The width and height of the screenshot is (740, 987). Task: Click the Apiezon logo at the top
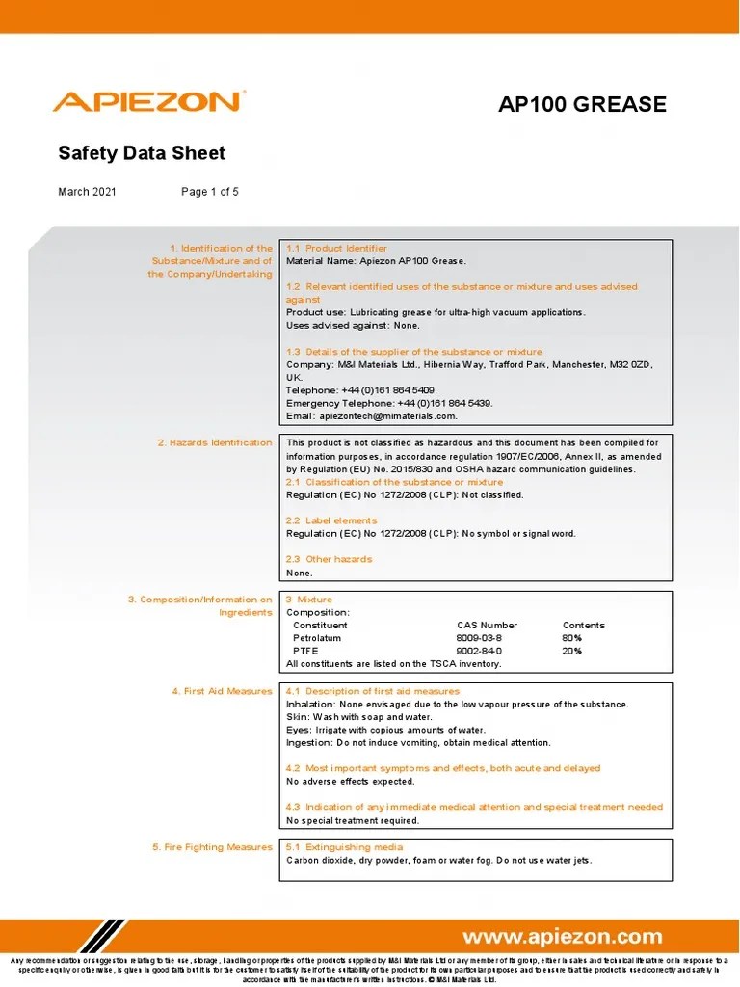tap(148, 102)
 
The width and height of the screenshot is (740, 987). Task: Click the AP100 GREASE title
tap(582, 104)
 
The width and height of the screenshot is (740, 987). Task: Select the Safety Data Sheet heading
tap(142, 153)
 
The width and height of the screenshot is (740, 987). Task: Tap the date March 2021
tap(87, 192)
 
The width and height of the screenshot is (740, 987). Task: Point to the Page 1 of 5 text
tap(210, 192)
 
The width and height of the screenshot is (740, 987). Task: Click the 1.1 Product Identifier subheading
tap(336, 249)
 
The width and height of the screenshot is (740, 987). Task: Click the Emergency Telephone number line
tap(389, 403)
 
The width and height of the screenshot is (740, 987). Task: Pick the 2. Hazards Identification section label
tap(215, 443)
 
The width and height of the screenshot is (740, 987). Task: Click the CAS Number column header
tap(487, 626)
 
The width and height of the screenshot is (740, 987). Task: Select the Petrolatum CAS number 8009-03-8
tap(479, 638)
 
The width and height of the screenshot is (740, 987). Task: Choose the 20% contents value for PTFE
tap(572, 651)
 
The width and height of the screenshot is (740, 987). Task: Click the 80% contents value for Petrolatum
tap(572, 638)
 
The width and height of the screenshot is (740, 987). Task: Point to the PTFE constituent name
tap(305, 651)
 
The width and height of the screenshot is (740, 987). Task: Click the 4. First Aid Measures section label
tap(222, 692)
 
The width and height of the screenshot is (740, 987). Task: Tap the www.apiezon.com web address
tap(563, 937)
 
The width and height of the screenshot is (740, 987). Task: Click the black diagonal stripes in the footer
tap(102, 936)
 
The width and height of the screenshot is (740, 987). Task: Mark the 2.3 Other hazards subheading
tap(329, 559)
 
